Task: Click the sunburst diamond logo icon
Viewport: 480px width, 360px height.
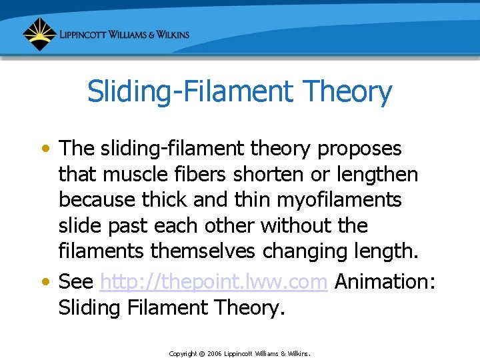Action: pyautogui.click(x=39, y=34)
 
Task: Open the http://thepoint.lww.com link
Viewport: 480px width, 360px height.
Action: pyautogui.click(x=213, y=281)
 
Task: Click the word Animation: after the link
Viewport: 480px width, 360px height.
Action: pyautogui.click(x=385, y=281)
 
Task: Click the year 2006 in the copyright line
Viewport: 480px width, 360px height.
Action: pyautogui.click(x=214, y=353)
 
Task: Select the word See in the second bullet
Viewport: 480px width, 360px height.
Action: pyautogui.click(x=75, y=281)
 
